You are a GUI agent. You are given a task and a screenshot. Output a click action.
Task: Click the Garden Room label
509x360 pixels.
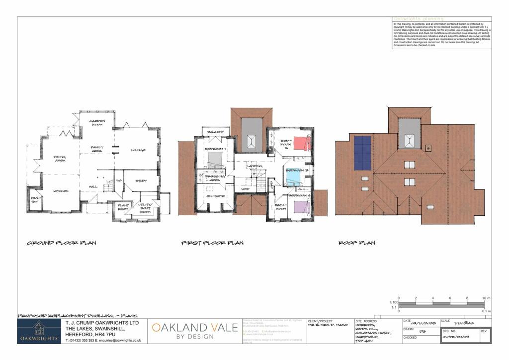point(95,123)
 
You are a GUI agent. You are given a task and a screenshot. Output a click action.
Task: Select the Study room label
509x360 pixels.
point(142,181)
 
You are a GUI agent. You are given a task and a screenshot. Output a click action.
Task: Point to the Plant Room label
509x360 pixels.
point(123,207)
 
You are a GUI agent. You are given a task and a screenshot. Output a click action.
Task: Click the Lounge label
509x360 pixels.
point(138,150)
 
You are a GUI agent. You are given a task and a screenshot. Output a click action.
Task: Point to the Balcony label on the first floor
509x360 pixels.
point(215,132)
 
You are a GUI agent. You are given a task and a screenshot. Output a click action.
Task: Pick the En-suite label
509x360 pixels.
point(216,196)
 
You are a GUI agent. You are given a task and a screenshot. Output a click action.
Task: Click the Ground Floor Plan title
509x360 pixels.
point(62,243)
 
